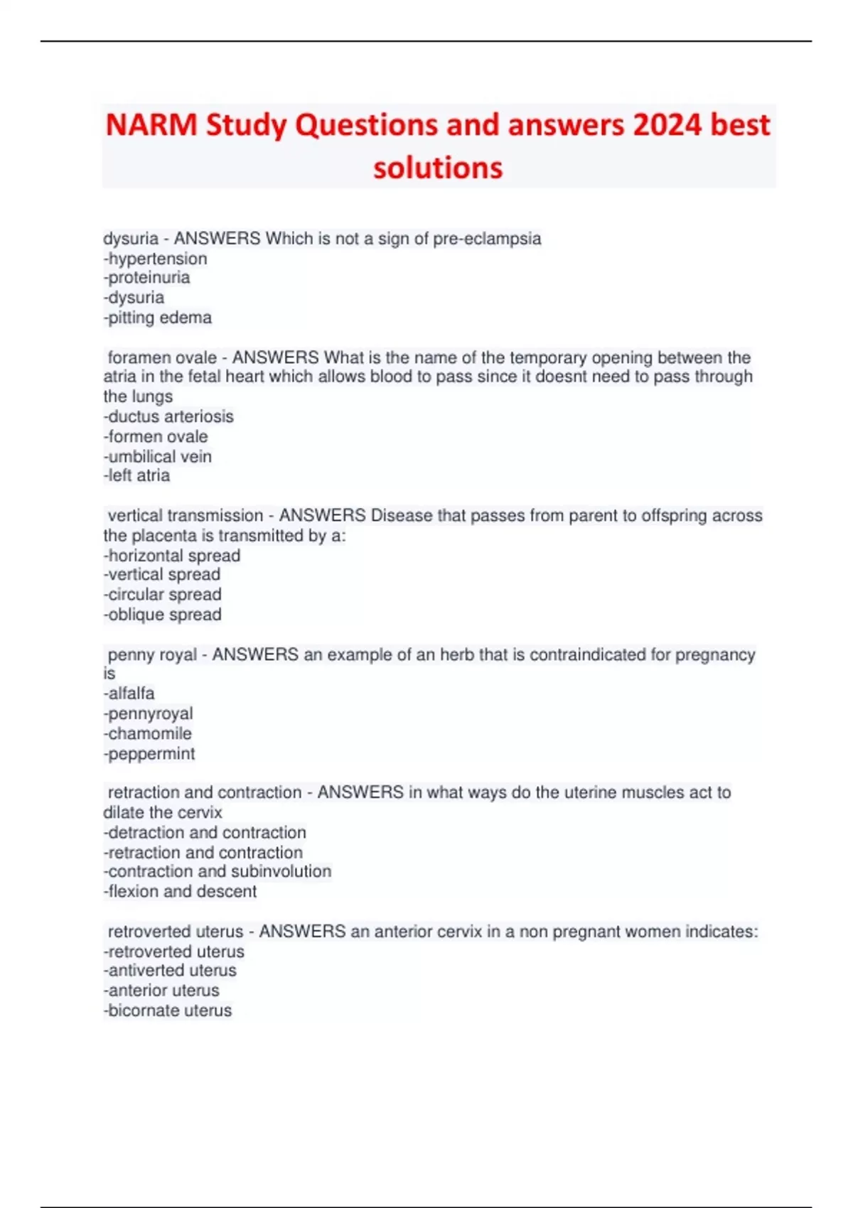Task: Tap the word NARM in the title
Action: click(151, 125)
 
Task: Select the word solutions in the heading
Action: click(438, 168)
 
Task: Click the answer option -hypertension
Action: click(156, 259)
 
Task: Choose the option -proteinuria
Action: click(147, 278)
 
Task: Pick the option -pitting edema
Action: click(158, 318)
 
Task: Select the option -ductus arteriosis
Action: click(168, 416)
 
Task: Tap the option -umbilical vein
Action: click(158, 456)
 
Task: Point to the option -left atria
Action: click(137, 475)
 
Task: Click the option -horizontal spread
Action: click(172, 556)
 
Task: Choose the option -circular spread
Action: click(163, 594)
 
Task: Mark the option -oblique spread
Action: click(163, 614)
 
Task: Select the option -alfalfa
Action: click(129, 693)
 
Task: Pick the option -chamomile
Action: click(148, 733)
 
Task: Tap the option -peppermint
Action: click(149, 753)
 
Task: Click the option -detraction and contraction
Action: click(205, 832)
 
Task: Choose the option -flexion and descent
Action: click(181, 891)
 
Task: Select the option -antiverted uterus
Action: click(170, 970)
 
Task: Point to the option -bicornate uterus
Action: click(168, 1010)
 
